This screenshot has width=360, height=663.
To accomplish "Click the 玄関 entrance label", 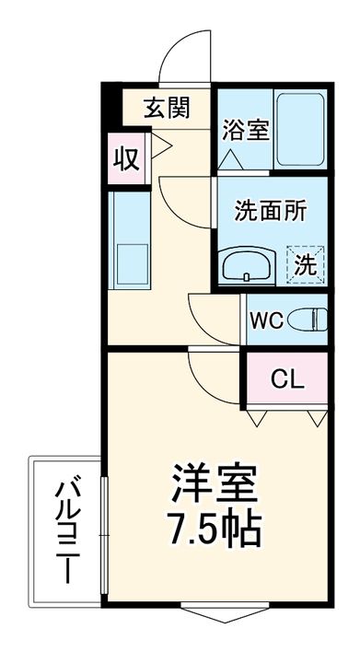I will pos(167,108).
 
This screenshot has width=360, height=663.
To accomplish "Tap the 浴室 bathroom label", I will pos(244,129).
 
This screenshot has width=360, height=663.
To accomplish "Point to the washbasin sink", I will pos(247,265).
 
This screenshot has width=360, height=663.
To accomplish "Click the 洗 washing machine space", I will pos(305,264).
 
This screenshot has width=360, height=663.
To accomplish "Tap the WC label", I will pos(265,321).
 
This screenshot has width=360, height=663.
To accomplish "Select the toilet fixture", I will pos(309,320).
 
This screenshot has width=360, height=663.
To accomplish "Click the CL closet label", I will pos(286,378).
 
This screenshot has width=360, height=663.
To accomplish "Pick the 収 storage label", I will pos(126,157).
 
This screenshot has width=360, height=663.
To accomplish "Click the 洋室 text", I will pos(216,481).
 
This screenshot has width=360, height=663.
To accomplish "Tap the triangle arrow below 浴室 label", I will pos(230,159).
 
